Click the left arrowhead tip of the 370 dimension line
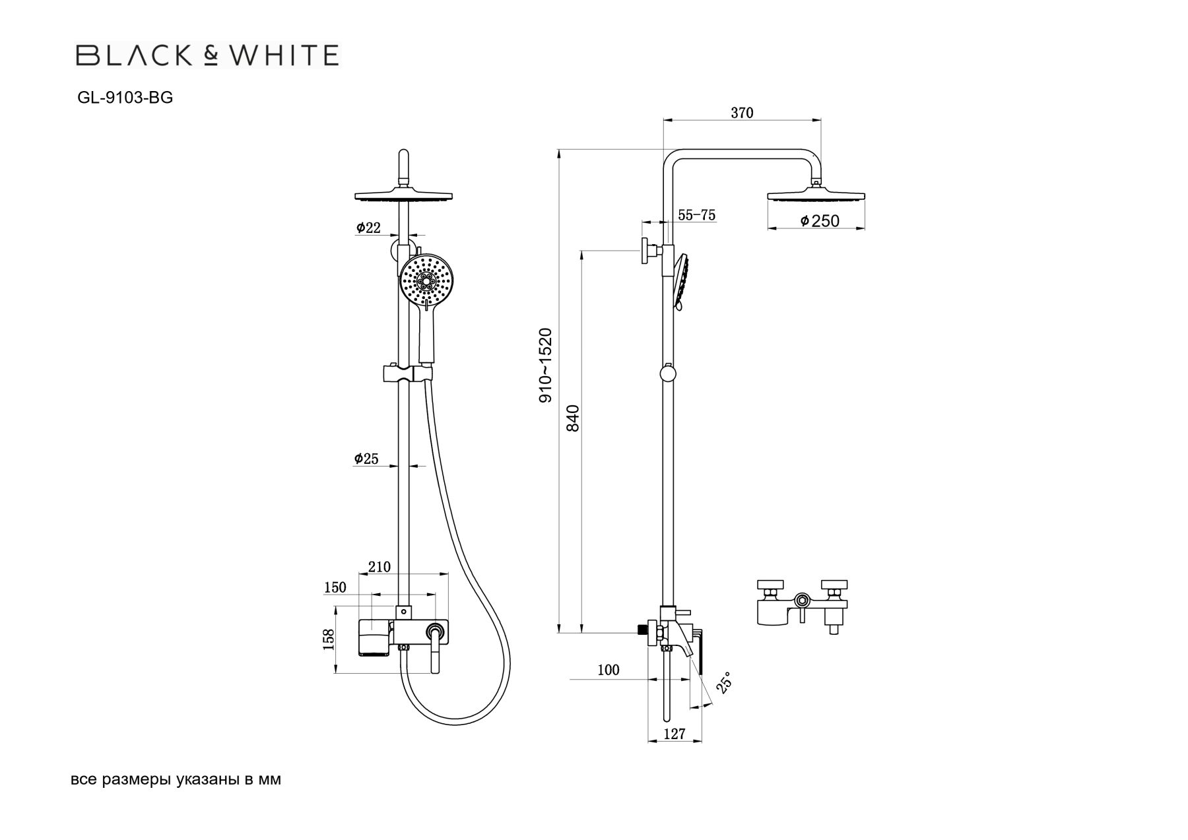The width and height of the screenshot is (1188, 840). click(x=663, y=120)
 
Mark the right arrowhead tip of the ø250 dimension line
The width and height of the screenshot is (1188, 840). click(x=865, y=229)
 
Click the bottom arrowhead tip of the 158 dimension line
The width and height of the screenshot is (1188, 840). click(x=337, y=673)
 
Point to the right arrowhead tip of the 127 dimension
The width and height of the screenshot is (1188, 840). click(x=701, y=741)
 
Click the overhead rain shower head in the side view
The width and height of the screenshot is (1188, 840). click(x=816, y=195)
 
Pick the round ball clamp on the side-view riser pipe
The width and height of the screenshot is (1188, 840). click(x=668, y=373)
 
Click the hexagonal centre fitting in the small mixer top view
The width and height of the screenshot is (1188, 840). click(x=802, y=600)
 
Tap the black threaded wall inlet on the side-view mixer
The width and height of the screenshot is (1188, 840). click(x=641, y=630)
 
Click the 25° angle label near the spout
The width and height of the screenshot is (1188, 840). click(x=724, y=682)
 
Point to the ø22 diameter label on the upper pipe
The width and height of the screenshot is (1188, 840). click(x=368, y=228)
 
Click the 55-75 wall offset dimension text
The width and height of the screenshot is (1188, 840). click(x=696, y=215)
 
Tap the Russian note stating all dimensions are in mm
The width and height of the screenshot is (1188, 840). click(x=176, y=779)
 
